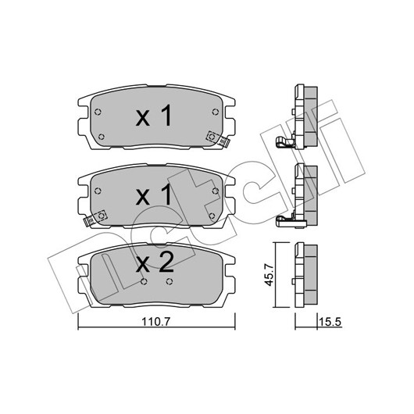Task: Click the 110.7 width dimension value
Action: pos(156,322)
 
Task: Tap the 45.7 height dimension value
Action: pos(269,275)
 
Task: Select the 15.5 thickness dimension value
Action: pos(330,322)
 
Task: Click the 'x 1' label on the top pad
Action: pos(154,115)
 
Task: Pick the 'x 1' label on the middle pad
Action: pos(154,195)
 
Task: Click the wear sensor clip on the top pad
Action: pos(218,139)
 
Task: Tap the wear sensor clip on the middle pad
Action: pos(95,219)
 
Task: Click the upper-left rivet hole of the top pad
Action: pos(98,112)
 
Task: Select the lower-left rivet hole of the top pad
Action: pos(101,137)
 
